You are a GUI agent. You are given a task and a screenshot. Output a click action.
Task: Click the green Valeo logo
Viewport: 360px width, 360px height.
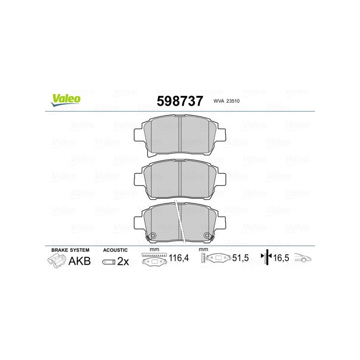click(66, 100)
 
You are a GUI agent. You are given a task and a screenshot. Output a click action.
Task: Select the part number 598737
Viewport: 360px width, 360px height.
click(180, 101)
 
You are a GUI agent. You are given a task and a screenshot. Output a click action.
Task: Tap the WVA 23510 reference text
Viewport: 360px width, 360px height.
click(226, 101)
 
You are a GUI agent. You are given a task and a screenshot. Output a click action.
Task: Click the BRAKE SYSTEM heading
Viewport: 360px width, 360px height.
click(70, 250)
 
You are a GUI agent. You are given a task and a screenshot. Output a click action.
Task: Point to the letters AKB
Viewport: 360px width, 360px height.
click(80, 261)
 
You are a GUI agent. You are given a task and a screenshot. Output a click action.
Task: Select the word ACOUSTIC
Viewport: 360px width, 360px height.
click(115, 250)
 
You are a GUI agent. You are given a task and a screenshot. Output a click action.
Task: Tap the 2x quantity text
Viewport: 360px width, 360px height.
click(123, 261)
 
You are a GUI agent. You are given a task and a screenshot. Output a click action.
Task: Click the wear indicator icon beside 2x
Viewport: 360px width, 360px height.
click(109, 262)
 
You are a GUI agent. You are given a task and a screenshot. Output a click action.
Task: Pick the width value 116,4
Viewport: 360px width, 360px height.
click(179, 258)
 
